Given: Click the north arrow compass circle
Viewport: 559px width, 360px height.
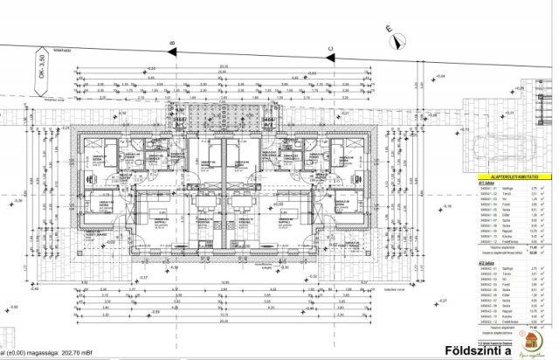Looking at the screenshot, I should pos(396,38).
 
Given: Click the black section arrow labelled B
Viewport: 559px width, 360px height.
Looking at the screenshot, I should pos(173,51).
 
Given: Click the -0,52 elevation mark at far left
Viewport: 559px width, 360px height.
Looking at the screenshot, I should pos(13,308).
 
